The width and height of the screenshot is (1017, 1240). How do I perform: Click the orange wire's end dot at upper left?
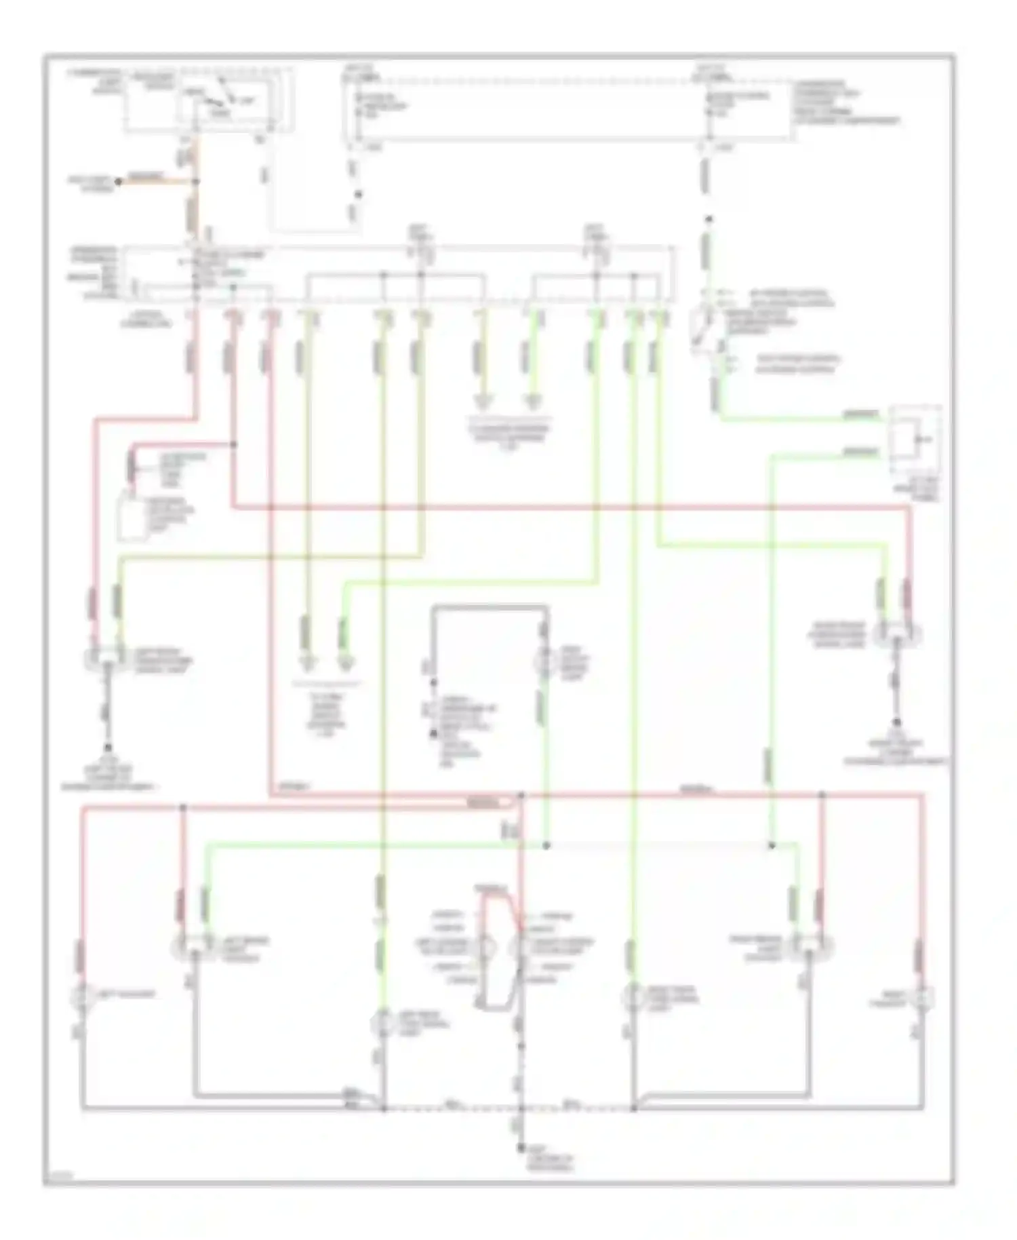pyautogui.click(x=118, y=182)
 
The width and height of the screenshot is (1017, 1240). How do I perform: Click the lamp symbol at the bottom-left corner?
pyautogui.click(x=81, y=996)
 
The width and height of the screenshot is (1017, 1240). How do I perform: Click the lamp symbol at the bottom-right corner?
pyautogui.click(x=923, y=998)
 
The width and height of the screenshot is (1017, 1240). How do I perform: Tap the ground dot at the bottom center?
pyautogui.click(x=521, y=1148)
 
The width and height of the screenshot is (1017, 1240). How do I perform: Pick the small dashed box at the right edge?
pyautogui.click(x=916, y=441)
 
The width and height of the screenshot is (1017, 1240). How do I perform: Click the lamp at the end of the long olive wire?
pyautogui.click(x=382, y=1024)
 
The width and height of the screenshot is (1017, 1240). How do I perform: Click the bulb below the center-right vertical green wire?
pyautogui.click(x=633, y=997)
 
